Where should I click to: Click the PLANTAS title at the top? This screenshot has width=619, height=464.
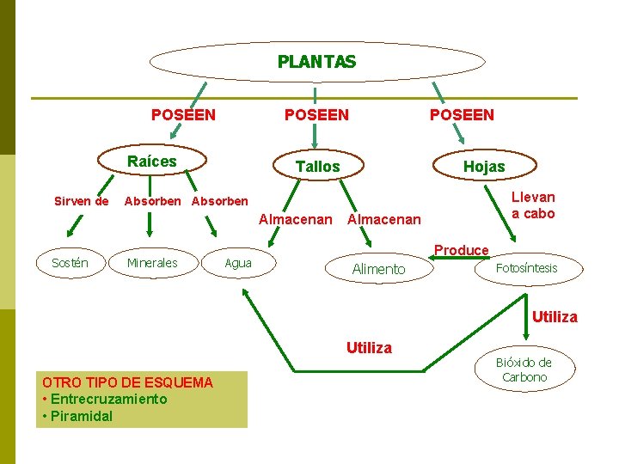point(316,62)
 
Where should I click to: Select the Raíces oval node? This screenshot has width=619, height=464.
point(152,162)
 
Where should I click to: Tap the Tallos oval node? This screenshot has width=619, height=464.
point(317,167)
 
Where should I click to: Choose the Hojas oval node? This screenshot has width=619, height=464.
point(484,167)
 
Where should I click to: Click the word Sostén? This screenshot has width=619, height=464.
point(70,262)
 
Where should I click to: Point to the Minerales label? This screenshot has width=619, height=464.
point(152,263)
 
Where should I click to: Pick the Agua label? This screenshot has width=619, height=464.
point(238,263)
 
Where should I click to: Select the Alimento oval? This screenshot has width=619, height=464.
point(378,269)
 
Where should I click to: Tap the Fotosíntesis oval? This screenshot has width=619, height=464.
point(526,268)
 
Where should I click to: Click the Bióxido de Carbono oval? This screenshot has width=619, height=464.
point(524,369)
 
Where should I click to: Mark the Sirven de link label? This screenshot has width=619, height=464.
point(82,202)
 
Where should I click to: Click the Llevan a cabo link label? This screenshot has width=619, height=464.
point(533,205)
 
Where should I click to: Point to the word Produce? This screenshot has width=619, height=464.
point(461,250)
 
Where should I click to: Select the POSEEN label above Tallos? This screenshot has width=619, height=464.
point(316,114)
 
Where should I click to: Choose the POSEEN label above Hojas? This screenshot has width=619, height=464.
point(462,114)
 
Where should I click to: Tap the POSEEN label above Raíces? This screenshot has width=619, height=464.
point(183,114)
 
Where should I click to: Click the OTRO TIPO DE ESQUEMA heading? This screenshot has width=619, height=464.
point(127,382)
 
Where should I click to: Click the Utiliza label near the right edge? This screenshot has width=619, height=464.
point(555,317)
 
